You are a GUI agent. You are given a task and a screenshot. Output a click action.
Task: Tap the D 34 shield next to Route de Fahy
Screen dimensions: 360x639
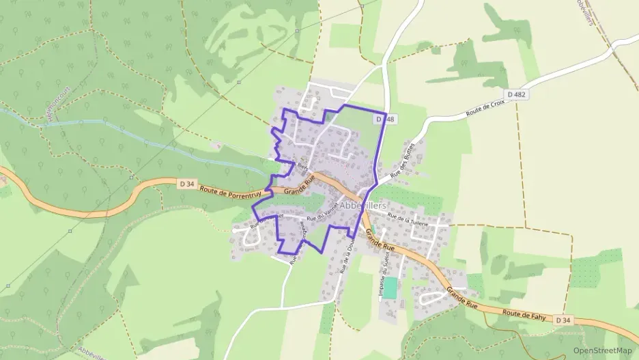coord(563,320)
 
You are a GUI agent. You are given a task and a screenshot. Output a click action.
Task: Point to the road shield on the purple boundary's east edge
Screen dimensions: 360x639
coord(385,120)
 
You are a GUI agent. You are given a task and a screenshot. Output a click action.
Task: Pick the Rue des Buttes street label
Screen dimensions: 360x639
coord(402,165)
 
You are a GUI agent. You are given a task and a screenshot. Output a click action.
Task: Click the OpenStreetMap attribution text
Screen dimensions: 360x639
coord(602,350)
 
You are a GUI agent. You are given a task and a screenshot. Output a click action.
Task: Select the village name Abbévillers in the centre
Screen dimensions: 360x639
coord(363,206)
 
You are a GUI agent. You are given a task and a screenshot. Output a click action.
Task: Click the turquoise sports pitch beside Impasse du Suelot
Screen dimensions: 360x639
coord(390,288)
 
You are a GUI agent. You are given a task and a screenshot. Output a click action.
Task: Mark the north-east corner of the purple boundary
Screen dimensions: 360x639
coord(386,113)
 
